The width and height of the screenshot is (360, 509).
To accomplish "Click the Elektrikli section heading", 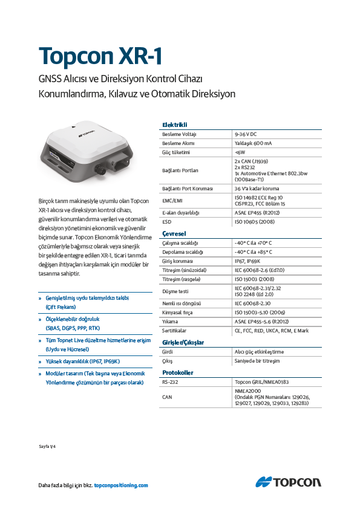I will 174,125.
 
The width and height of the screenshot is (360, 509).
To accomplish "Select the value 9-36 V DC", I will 246,134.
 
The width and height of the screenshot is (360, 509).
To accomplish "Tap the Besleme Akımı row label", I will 179,143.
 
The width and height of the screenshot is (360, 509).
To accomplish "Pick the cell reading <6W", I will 240,153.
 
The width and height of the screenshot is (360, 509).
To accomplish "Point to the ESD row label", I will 166,222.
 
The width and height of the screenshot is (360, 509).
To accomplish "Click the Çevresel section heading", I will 174,233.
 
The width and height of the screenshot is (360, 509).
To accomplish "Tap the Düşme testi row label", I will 175,291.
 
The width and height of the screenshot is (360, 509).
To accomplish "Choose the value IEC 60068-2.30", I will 252,302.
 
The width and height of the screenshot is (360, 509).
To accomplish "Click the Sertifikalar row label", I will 174,331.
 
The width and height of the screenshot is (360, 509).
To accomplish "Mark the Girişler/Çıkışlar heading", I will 183,342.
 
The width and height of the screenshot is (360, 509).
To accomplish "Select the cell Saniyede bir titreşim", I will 257,361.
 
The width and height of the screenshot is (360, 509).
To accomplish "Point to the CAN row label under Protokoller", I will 167,397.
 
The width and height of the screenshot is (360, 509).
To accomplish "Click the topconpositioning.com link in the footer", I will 121,485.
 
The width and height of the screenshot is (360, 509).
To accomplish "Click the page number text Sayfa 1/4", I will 47,447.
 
